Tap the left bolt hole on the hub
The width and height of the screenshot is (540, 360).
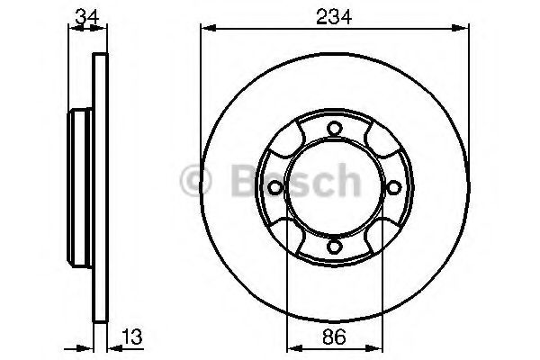[273, 187]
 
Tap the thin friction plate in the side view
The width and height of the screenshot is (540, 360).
[101, 187]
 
